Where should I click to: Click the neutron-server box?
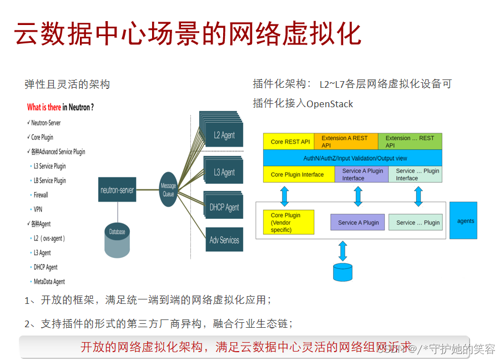[x=117, y=189]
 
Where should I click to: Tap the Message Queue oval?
[x=168, y=189]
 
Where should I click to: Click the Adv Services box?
[x=224, y=240]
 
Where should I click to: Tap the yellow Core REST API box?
[x=289, y=142]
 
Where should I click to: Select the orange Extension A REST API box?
[x=346, y=142]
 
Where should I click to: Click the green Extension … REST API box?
[x=410, y=142]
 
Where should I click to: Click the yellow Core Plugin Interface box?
[x=299, y=174]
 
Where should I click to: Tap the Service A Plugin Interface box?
[x=361, y=174]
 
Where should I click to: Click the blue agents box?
[x=463, y=221]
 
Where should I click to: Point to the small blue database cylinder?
[x=342, y=272]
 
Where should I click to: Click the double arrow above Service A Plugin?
[x=358, y=196]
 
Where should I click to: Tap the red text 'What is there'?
[x=44, y=107]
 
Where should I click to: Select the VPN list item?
[x=38, y=209]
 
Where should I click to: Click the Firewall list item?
[x=41, y=195]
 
